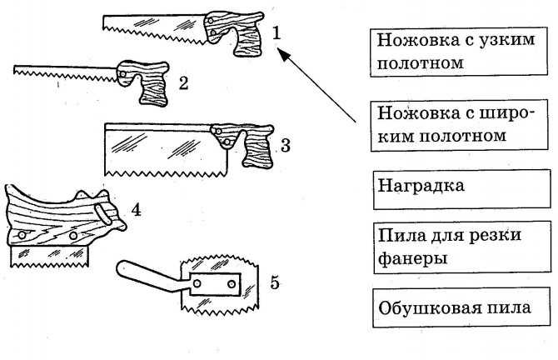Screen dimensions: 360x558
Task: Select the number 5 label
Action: point(273,282)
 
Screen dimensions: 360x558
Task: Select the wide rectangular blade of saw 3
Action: point(158,150)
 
